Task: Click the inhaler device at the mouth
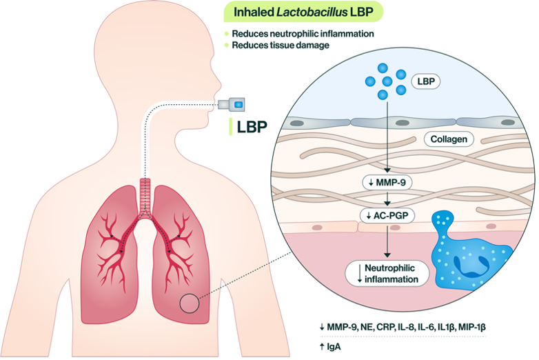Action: pos(232,104)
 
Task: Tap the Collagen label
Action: pos(448,139)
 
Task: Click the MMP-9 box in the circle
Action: pos(387,183)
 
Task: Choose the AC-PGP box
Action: pos(387,215)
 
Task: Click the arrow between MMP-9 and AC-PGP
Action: pos(387,199)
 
